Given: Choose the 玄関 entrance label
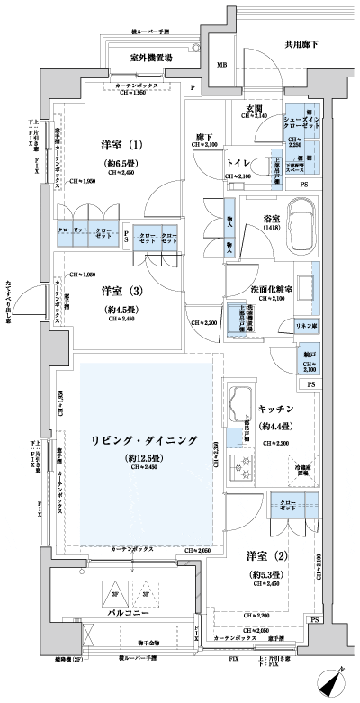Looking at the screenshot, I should pos(256,107).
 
